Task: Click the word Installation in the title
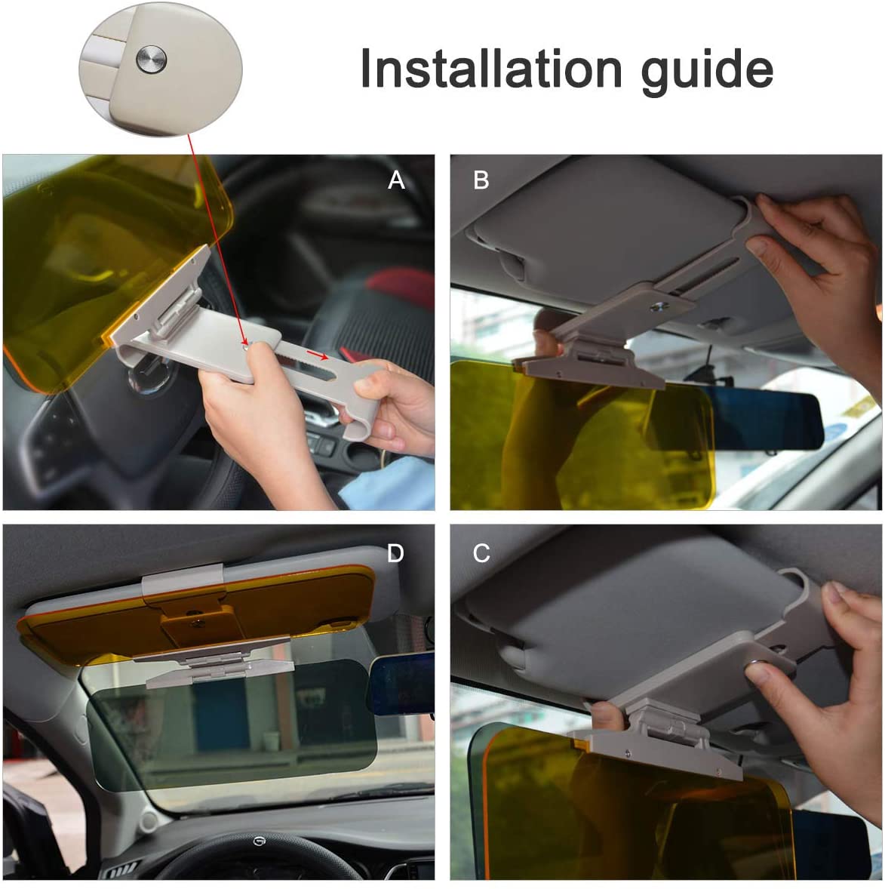pos(491,69)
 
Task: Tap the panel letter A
pos(396,180)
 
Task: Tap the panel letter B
pos(481,180)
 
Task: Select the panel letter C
pos(481,553)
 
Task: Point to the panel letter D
pos(395,553)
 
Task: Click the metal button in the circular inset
pos(152,59)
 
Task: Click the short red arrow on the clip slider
pos(317,355)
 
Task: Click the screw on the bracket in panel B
pos(658,306)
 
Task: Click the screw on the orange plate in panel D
pos(198,623)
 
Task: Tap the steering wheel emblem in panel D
pos(259,842)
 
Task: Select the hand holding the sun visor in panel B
pos(816,284)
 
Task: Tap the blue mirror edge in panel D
pos(401,684)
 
